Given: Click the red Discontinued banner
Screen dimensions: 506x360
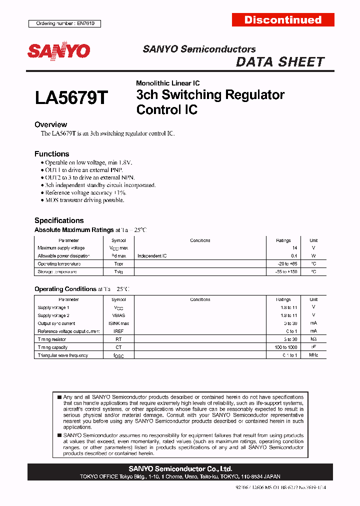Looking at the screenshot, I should pyautogui.click(x=283, y=20).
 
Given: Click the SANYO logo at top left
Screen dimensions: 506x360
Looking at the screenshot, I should pyautogui.click(x=58, y=51).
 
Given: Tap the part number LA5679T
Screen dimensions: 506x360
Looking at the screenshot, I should pyautogui.click(x=71, y=97).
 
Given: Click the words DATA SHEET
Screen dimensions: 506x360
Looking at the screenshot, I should pyautogui.click(x=280, y=62).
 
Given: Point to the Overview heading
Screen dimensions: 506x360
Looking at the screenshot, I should pyautogui.click(x=50, y=124).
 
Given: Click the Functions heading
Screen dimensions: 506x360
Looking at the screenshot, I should pyautogui.click(x=51, y=154).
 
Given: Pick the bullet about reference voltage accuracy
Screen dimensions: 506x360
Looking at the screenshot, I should pyautogui.click(x=85, y=192).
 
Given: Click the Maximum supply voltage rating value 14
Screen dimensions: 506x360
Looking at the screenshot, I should pyautogui.click(x=294, y=248).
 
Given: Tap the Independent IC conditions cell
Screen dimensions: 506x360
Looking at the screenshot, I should pyautogui.click(x=152, y=256).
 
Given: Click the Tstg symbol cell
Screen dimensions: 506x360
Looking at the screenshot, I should pyautogui.click(x=118, y=272).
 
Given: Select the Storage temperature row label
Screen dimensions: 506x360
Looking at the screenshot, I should pyautogui.click(x=57, y=272).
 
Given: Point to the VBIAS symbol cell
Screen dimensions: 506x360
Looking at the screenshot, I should pyautogui.click(x=118, y=315).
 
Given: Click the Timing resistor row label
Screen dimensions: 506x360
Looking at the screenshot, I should pyautogui.click(x=51, y=339).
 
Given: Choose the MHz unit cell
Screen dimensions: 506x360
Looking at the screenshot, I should pyautogui.click(x=313, y=355).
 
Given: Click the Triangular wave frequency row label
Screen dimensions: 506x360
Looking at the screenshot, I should pyautogui.click(x=62, y=355).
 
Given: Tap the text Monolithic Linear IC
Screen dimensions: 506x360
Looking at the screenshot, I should pyautogui.click(x=167, y=83).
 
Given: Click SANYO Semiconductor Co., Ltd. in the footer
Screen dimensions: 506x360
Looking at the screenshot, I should pyautogui.click(x=180, y=469).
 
